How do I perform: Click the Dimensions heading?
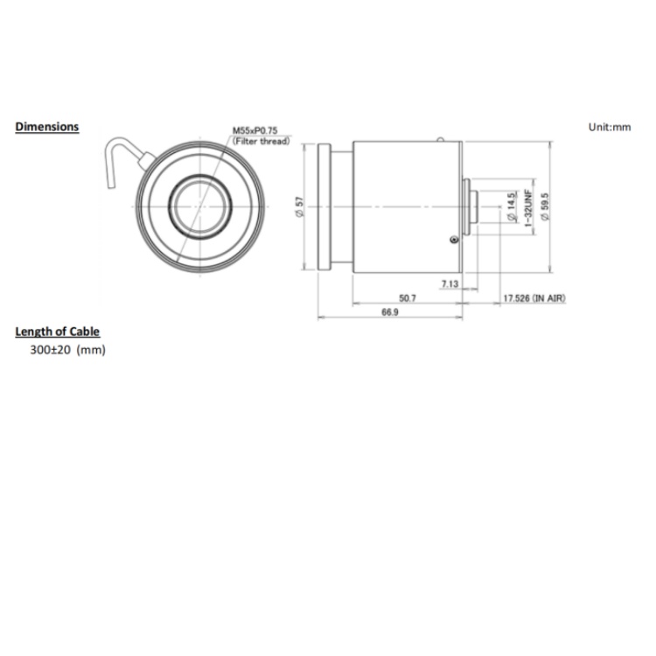point(47,127)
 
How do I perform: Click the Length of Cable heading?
point(58,331)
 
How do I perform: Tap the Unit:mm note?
point(610,127)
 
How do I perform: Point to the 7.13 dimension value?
point(450,283)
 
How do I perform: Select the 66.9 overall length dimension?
point(390,312)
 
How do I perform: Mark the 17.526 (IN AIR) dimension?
point(534,298)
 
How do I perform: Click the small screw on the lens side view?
point(451,242)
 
